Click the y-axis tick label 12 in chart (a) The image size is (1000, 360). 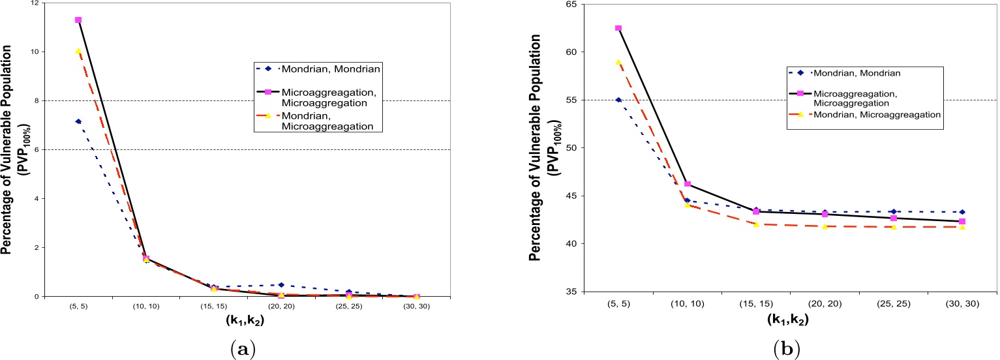point(34,3)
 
